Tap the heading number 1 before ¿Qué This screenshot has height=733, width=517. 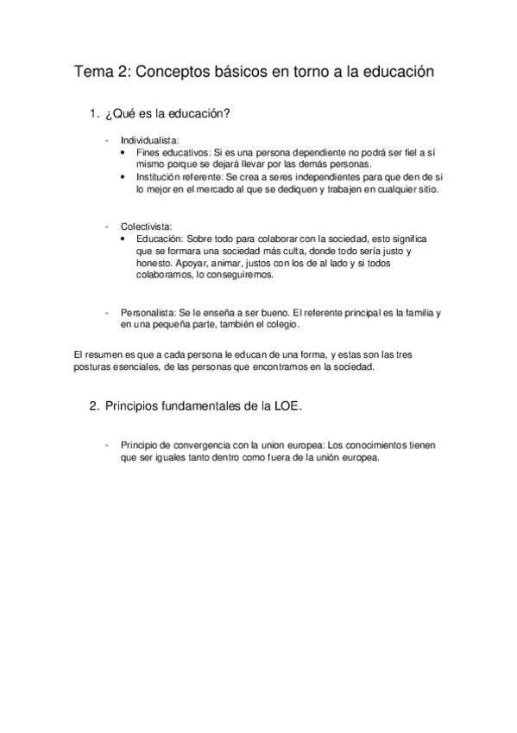[93, 115]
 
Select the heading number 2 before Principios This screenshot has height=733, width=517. [93, 407]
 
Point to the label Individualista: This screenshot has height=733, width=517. [149, 139]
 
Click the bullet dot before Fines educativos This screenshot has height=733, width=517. [128, 151]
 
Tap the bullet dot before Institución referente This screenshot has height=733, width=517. [128, 175]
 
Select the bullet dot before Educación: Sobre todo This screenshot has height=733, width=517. [128, 239]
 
